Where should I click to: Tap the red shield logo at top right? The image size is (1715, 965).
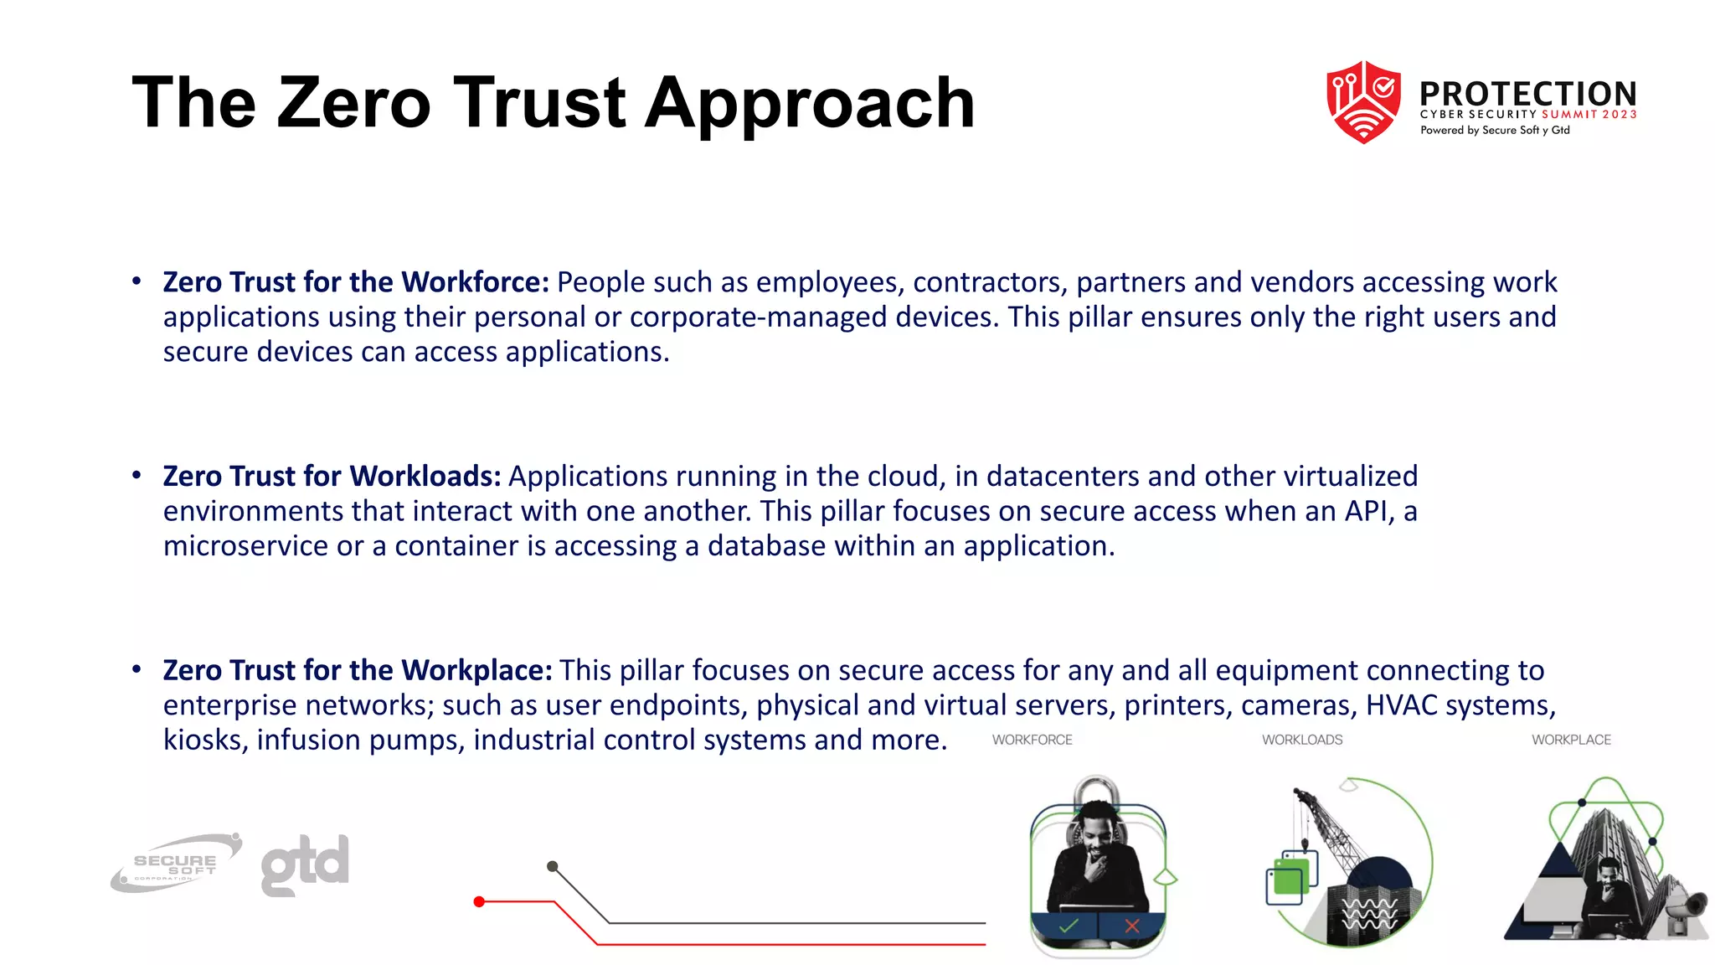1363,102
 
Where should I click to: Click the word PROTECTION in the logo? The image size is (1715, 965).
1528,93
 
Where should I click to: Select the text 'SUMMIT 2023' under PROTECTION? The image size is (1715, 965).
1589,115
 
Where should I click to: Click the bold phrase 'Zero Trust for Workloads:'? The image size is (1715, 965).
332,476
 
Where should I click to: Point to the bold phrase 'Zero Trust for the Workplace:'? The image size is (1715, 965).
358,670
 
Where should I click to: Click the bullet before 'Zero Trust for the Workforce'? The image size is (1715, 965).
136,281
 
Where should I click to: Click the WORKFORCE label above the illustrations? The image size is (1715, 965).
1032,740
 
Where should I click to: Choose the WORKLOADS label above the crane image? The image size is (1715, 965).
1302,740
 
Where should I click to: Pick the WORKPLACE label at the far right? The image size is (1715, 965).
1571,740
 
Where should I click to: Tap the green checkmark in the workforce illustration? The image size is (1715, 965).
1069,926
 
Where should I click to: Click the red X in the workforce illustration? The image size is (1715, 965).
1132,926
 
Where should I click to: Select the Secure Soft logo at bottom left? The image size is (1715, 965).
176,864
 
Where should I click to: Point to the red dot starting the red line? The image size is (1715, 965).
479,901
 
